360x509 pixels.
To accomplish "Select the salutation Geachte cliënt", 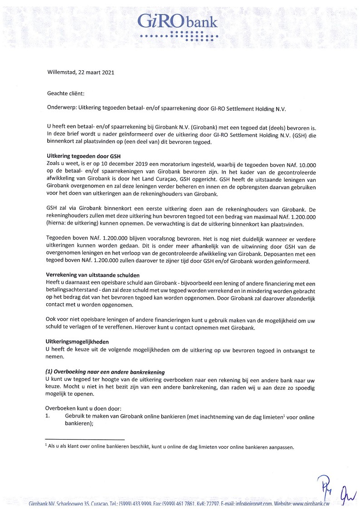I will [x=66, y=94].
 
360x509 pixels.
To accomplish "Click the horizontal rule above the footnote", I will [x=85, y=439].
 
